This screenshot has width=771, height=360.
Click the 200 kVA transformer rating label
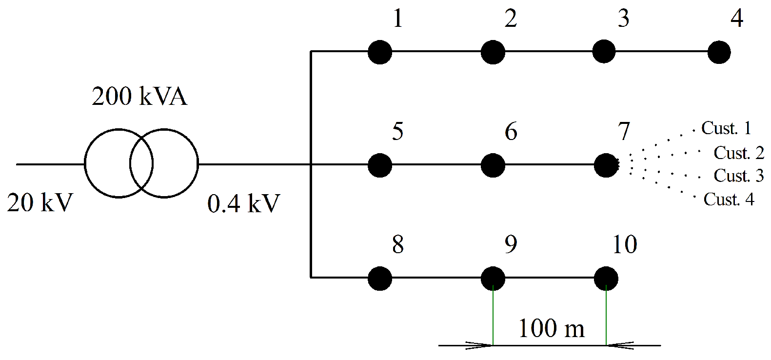(139, 97)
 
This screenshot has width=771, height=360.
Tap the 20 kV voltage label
(40, 202)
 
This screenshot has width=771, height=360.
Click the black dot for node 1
(380, 52)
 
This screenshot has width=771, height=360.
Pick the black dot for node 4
(719, 52)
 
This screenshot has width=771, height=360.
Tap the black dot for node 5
(380, 165)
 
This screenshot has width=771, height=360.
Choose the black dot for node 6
(493, 165)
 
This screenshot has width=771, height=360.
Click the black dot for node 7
(606, 165)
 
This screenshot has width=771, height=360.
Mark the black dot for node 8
(380, 279)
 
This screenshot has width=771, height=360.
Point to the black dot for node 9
(493, 279)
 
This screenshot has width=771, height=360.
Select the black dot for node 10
(606, 279)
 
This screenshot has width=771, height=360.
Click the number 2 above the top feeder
(510, 19)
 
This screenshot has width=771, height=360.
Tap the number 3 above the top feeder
(623, 19)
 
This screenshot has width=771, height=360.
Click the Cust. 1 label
(726, 128)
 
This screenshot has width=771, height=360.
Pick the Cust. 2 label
(739, 153)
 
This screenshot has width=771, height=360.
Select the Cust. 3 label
(739, 176)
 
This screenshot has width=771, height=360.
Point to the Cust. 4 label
(729, 200)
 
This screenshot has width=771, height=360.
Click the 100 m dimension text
(551, 329)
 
